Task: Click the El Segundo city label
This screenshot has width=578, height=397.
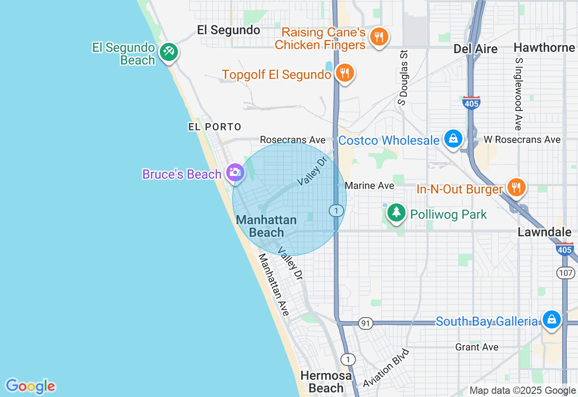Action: click(x=228, y=30)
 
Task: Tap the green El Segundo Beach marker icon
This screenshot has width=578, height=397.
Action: click(x=169, y=52)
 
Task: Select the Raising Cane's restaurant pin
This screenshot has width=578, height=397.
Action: click(x=379, y=37)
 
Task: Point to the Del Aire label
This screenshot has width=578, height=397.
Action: click(x=475, y=49)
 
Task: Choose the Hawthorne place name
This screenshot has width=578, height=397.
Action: click(x=544, y=47)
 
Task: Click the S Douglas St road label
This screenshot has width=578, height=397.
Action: click(x=403, y=78)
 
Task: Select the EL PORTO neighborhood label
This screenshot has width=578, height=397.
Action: click(x=215, y=127)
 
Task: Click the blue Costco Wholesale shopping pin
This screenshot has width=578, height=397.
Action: click(x=453, y=139)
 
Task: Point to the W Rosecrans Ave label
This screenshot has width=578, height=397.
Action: click(x=522, y=140)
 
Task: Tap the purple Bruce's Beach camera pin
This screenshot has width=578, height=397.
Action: click(x=235, y=172)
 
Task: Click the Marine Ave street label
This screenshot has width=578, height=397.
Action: click(x=369, y=185)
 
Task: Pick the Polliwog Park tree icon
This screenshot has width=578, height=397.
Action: click(x=396, y=212)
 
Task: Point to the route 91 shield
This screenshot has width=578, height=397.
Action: click(x=365, y=323)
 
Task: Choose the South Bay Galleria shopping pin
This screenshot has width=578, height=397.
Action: click(x=551, y=319)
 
